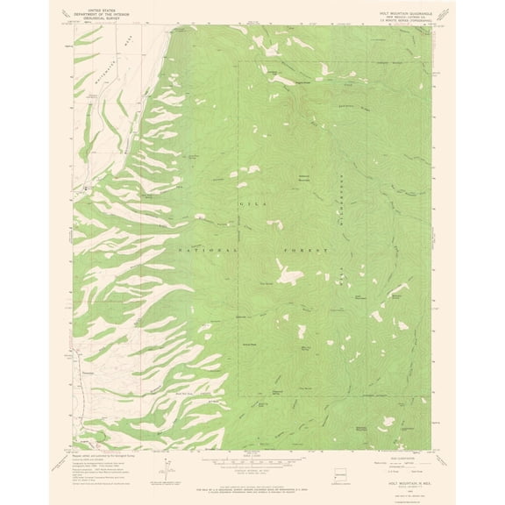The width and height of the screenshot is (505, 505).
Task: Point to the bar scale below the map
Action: point(252,457)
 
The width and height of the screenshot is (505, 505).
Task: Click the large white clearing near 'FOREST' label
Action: point(289,277)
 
